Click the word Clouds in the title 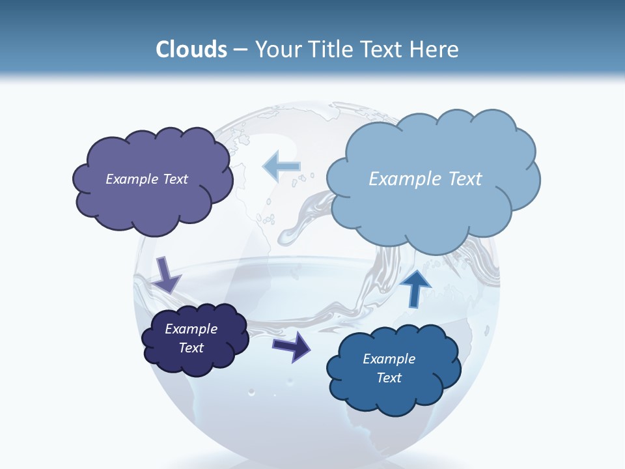coord(191,50)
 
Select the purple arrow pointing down coord(167,274)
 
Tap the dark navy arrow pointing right coord(292,347)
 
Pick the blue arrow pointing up coord(415,287)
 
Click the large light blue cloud coord(433,195)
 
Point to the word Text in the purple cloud coord(174,179)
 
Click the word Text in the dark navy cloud coord(191,348)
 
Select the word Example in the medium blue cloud coord(389,359)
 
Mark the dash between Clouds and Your coord(240,50)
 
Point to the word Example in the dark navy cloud coord(191,329)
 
